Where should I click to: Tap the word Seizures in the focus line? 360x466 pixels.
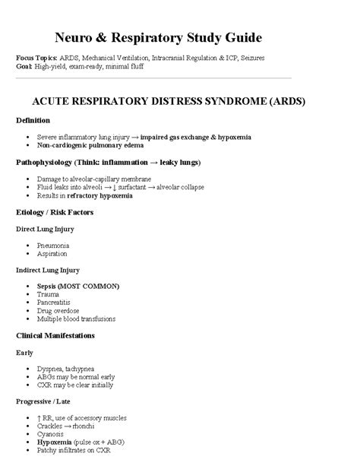click(x=264, y=58)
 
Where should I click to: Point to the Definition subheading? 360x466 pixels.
click(x=33, y=120)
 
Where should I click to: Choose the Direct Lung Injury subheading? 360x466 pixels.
click(x=45, y=229)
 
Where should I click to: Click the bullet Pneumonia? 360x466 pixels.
click(x=53, y=246)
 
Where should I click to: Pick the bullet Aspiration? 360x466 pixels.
click(x=52, y=254)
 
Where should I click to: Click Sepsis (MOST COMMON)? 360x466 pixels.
click(x=78, y=286)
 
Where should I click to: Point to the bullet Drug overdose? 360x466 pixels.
click(x=57, y=311)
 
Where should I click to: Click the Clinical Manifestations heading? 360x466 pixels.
click(x=58, y=335)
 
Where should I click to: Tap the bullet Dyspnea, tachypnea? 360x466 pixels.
click(x=69, y=368)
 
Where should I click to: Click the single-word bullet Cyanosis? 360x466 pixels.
click(x=52, y=434)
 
